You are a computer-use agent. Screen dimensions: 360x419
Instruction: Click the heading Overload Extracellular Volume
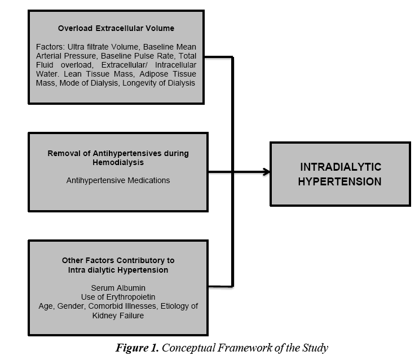click(x=116, y=28)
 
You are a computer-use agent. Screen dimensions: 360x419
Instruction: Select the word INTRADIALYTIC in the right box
click(x=341, y=167)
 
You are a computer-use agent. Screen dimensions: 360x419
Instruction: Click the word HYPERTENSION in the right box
click(x=341, y=181)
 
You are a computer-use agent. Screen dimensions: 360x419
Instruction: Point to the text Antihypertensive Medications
click(x=118, y=180)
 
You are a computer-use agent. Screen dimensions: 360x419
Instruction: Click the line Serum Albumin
click(x=118, y=288)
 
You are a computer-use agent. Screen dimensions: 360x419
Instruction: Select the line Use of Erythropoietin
click(x=118, y=297)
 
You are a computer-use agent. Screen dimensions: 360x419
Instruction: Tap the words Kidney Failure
click(x=118, y=315)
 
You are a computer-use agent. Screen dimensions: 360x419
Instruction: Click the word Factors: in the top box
click(x=49, y=46)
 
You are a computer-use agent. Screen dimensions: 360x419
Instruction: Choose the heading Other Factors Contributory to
click(x=118, y=260)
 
